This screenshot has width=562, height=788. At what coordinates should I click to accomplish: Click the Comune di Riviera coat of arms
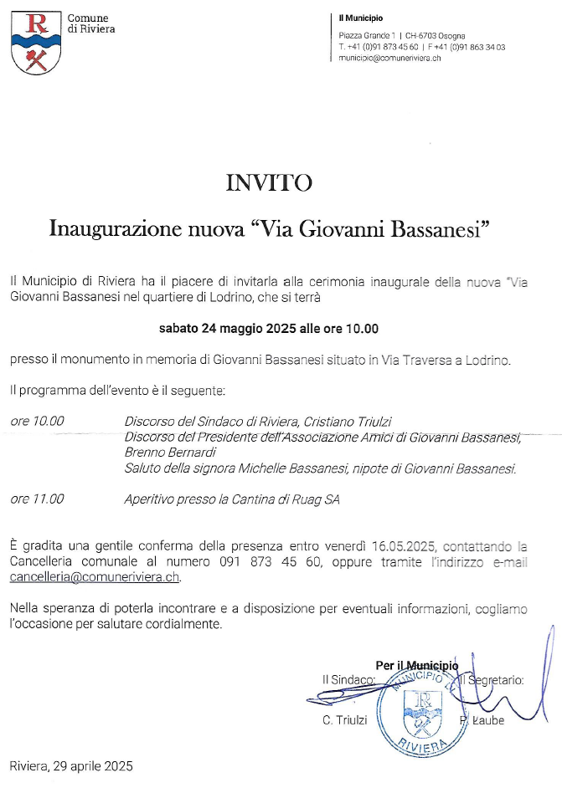36,43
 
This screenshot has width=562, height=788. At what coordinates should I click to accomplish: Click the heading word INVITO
269,183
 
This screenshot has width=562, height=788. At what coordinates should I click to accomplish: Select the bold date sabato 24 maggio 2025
228,329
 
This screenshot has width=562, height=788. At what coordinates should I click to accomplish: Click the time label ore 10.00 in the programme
37,421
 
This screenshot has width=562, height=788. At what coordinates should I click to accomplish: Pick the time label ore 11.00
37,499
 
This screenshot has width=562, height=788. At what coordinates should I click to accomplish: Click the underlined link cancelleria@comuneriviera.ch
95,577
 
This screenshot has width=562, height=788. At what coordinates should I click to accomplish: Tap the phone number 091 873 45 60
270,562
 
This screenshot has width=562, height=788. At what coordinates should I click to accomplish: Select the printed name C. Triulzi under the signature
345,720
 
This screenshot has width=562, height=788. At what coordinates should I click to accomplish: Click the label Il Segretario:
494,680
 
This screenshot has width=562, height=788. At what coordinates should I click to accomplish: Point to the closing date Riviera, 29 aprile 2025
71,765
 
